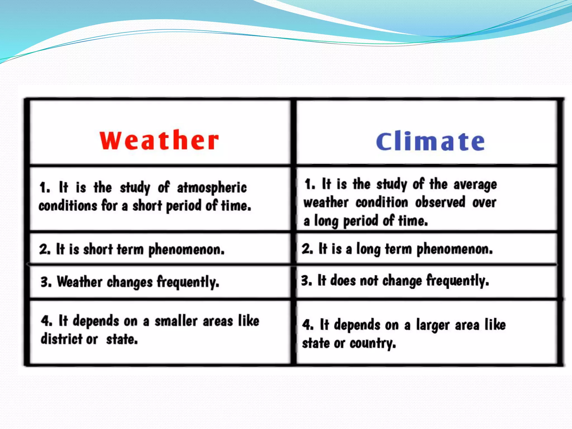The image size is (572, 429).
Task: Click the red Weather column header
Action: [x=159, y=140]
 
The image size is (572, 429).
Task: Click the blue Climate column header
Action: [x=430, y=141]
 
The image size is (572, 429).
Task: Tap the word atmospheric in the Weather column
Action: [x=212, y=188]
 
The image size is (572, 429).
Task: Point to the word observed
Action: [x=440, y=202]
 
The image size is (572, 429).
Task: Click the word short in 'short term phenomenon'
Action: [x=98, y=249]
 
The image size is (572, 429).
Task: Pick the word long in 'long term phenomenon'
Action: [x=368, y=249]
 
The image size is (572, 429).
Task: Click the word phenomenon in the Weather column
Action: [x=186, y=249]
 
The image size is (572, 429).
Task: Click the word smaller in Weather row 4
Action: [x=176, y=321]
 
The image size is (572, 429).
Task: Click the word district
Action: [x=61, y=339]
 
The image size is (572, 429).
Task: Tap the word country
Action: [x=373, y=343]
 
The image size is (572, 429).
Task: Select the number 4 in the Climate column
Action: [x=307, y=325]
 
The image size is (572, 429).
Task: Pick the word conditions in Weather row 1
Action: [x=68, y=206]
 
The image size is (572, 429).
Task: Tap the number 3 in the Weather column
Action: [x=45, y=282]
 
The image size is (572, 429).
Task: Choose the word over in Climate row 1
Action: [x=484, y=202]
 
